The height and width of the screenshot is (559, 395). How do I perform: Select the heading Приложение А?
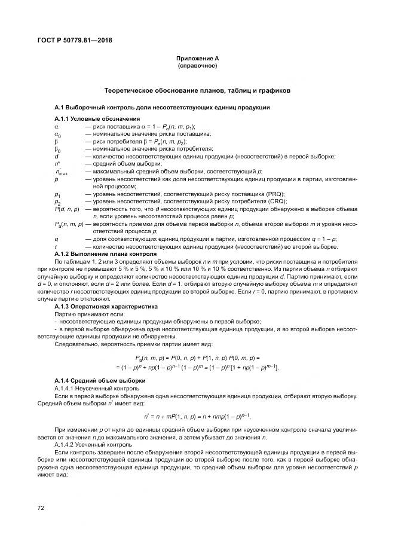click(197, 57)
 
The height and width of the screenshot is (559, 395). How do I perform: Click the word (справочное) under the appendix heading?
click(197, 65)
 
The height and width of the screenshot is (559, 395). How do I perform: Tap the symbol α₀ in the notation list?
click(58, 135)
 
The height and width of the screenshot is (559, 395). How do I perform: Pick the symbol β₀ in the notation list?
click(57, 150)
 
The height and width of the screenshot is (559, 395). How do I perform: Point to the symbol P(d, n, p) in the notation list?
click(67, 210)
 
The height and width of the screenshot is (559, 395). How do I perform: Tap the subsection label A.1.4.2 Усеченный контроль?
click(89, 445)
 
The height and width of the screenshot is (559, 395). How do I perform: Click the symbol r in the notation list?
click(56, 247)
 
